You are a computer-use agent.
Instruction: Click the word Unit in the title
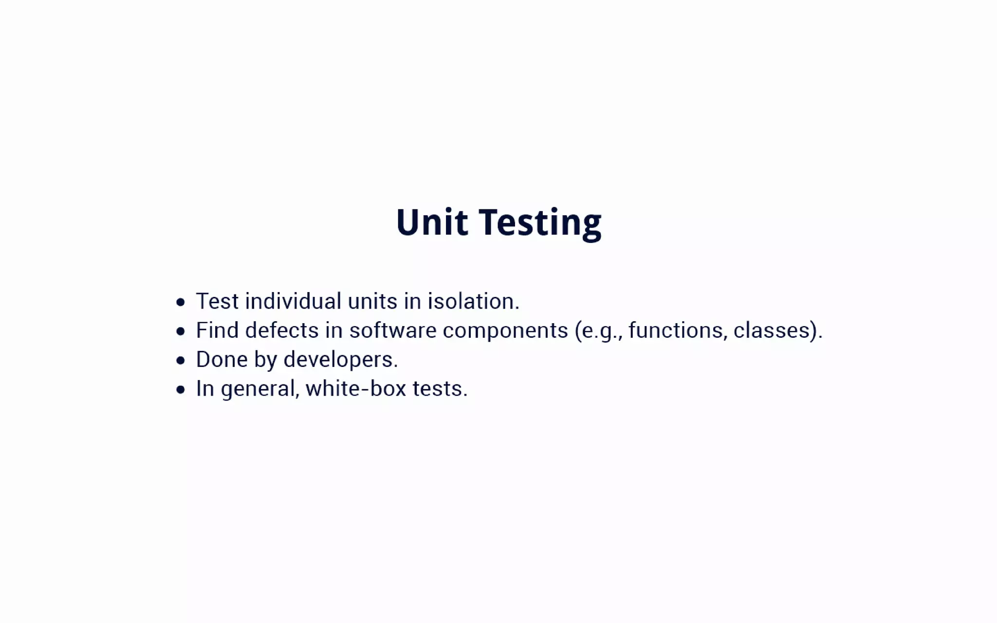432,222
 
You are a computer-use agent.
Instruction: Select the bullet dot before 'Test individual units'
181,302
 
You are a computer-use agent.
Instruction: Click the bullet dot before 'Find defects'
181,331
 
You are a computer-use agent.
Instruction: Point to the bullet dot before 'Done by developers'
181,361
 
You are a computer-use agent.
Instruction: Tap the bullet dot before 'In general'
181,389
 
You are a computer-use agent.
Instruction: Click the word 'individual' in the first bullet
293,301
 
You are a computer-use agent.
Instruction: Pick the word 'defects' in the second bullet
282,330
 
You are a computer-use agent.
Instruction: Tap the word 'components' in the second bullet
505,330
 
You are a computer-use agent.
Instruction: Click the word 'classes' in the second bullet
772,330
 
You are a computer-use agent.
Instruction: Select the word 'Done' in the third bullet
222,360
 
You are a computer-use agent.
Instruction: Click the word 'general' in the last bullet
258,389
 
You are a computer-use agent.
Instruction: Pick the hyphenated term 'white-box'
356,389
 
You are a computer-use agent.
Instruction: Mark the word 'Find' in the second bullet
217,330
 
